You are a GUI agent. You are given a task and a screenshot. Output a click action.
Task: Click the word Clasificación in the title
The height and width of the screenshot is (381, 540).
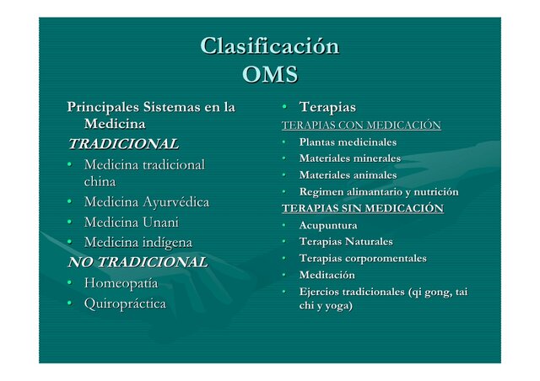tap(269, 46)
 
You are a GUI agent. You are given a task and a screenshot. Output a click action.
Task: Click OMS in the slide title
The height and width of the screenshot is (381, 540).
tap(269, 75)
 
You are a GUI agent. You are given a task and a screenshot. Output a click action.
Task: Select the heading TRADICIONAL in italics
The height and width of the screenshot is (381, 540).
tap(123, 143)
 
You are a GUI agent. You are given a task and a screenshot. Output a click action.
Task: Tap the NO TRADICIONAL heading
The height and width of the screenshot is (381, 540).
tap(138, 262)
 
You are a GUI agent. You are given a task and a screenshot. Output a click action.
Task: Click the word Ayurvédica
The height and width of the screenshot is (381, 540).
tap(175, 202)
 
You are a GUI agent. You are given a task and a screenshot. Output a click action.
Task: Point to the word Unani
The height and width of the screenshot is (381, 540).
tap(159, 223)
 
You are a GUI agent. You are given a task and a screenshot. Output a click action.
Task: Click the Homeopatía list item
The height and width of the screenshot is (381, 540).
tap(121, 283)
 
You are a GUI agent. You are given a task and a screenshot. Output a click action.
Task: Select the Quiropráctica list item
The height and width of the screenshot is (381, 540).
tap(125, 303)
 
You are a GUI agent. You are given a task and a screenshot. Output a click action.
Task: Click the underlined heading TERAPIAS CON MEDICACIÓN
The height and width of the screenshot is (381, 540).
tap(361, 126)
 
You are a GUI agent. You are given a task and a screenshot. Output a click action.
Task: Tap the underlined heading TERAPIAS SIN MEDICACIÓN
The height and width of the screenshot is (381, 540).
tap(362, 208)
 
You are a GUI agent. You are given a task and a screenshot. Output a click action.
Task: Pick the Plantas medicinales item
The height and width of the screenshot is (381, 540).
tap(348, 142)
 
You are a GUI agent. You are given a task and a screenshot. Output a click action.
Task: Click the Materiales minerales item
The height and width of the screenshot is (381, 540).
tap(349, 158)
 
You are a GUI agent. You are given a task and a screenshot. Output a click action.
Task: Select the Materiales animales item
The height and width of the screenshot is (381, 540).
tap(348, 175)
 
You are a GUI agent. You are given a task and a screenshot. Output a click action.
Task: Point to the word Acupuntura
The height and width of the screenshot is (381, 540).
tap(328, 225)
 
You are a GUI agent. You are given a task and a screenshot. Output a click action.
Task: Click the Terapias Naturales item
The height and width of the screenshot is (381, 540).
tap(346, 242)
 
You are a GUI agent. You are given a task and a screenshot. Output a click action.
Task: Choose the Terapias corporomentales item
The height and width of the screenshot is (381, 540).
tap(363, 258)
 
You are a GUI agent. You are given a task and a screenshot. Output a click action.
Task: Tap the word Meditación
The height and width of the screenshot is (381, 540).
tap(327, 275)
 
